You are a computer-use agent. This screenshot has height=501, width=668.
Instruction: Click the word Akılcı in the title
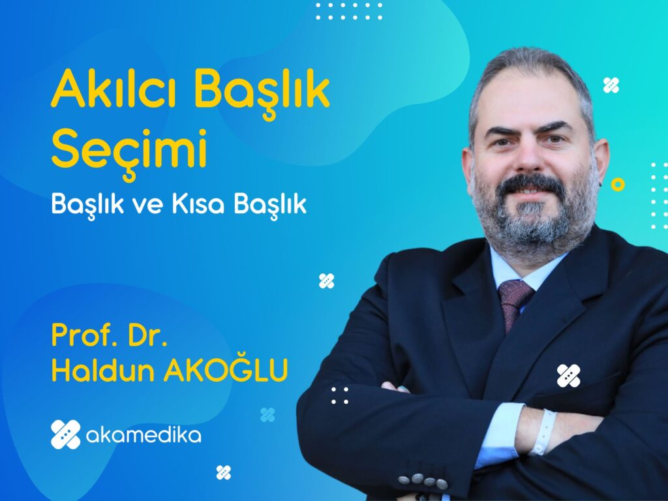tap(114, 88)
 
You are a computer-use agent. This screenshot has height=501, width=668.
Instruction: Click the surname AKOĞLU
tap(225, 369)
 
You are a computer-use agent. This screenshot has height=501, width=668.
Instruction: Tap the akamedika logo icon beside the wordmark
tap(66, 434)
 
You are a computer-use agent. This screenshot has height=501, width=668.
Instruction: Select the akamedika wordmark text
tap(144, 435)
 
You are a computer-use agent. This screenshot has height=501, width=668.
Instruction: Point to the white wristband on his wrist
tap(544, 433)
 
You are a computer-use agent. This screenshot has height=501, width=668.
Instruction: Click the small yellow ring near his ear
tap(618, 185)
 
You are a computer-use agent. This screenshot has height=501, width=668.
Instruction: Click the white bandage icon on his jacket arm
tap(568, 376)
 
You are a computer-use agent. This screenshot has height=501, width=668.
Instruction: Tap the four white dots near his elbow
tap(340, 395)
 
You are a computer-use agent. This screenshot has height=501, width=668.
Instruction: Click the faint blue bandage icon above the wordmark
tap(267, 414)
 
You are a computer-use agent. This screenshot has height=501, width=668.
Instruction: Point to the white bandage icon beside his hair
tap(611, 85)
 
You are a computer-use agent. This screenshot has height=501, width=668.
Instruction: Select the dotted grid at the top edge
tap(349, 12)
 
